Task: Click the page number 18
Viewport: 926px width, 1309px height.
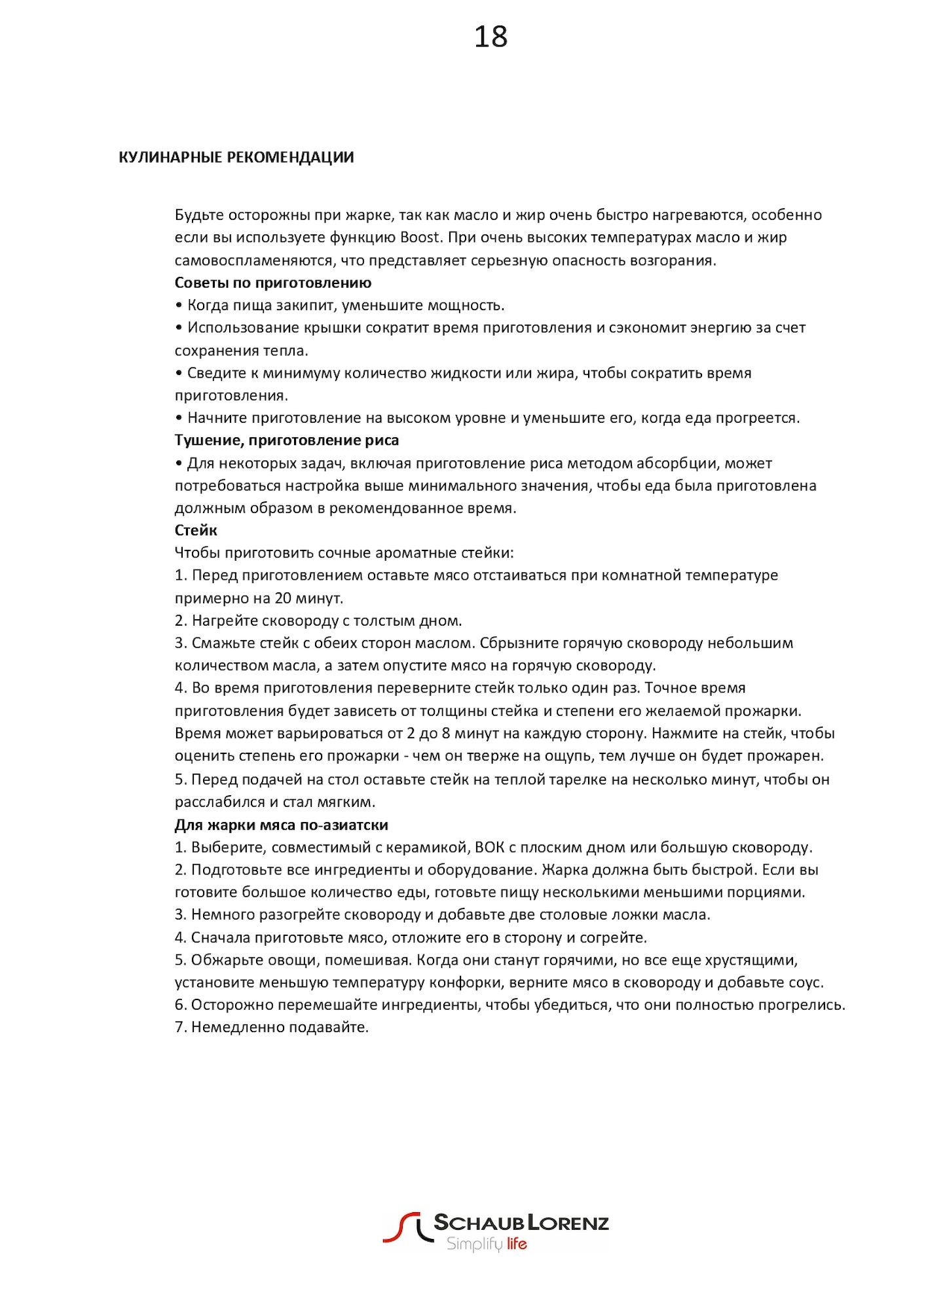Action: (x=491, y=37)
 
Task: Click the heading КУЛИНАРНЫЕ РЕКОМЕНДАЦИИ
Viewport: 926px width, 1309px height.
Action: (x=236, y=158)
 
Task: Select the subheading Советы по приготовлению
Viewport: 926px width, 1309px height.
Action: (x=273, y=283)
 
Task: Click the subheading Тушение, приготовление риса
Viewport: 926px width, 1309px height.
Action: (x=287, y=440)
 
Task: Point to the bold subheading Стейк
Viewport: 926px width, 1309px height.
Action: (x=196, y=530)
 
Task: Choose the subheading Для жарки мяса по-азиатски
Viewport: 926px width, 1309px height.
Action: (x=282, y=825)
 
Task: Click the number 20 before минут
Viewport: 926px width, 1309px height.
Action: (x=283, y=598)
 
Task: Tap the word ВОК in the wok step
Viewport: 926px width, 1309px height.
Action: (x=489, y=848)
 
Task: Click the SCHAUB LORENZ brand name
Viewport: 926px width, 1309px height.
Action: (x=521, y=1223)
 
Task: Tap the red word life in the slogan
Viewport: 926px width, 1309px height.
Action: (x=517, y=1244)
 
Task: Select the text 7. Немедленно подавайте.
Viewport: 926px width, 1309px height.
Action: (x=272, y=1028)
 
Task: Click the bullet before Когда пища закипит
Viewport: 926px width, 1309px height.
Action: (x=179, y=306)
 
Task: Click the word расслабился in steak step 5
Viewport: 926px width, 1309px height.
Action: (x=217, y=802)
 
